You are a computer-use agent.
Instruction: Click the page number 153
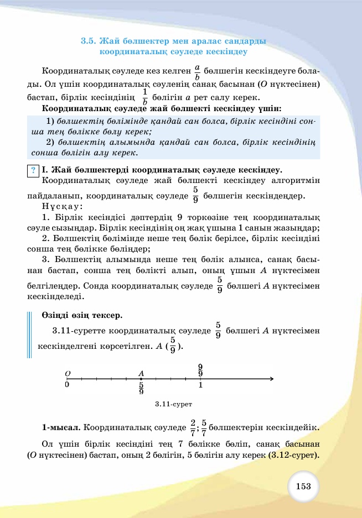pos(303,486)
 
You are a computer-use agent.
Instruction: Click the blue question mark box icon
pos(34,171)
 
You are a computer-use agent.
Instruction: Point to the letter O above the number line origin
pos(67,373)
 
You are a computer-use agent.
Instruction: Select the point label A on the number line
pos(141,373)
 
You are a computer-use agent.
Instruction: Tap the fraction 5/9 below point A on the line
pos(141,388)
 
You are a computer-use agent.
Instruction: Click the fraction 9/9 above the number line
pos(200,370)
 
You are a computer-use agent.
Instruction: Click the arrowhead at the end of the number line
pos(271,379)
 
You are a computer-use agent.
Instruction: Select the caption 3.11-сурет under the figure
pos(173,405)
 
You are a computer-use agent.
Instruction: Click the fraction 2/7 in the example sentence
pos(193,427)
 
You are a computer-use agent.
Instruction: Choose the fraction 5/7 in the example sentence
pos(204,427)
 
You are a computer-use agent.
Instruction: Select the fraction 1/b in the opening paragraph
pos(144,96)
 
